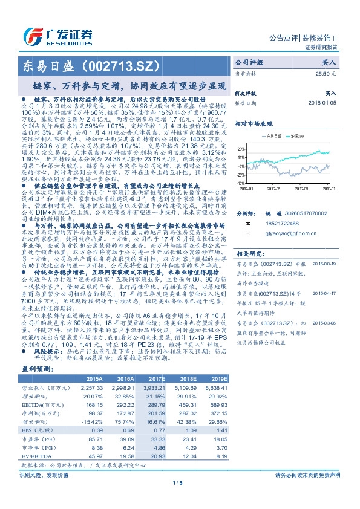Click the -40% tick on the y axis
[x=241, y=183]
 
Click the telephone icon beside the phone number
[x=247, y=223]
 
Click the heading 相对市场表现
[x=257, y=123]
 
